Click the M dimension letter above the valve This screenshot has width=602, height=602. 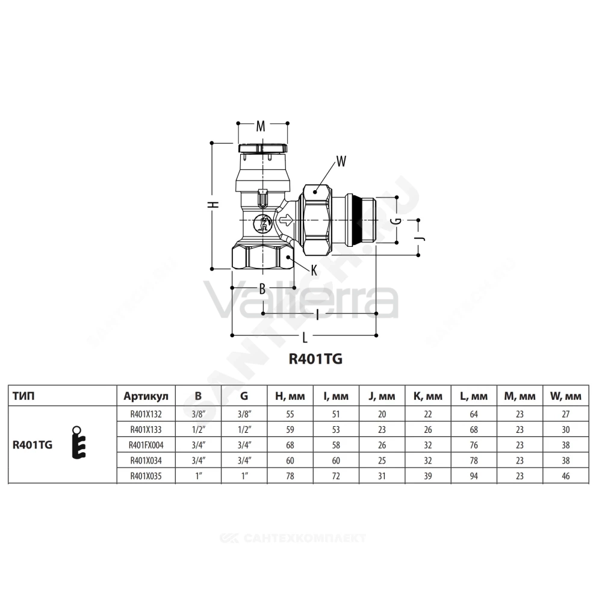(x=261, y=126)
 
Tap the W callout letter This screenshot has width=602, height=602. (x=341, y=161)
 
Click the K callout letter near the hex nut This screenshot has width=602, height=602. (x=314, y=271)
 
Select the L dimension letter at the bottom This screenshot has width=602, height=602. (x=305, y=338)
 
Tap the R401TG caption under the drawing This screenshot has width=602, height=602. (x=315, y=359)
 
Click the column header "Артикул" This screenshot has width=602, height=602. (x=146, y=396)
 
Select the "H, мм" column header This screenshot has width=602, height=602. (x=290, y=396)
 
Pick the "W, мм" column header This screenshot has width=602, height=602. (x=565, y=396)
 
